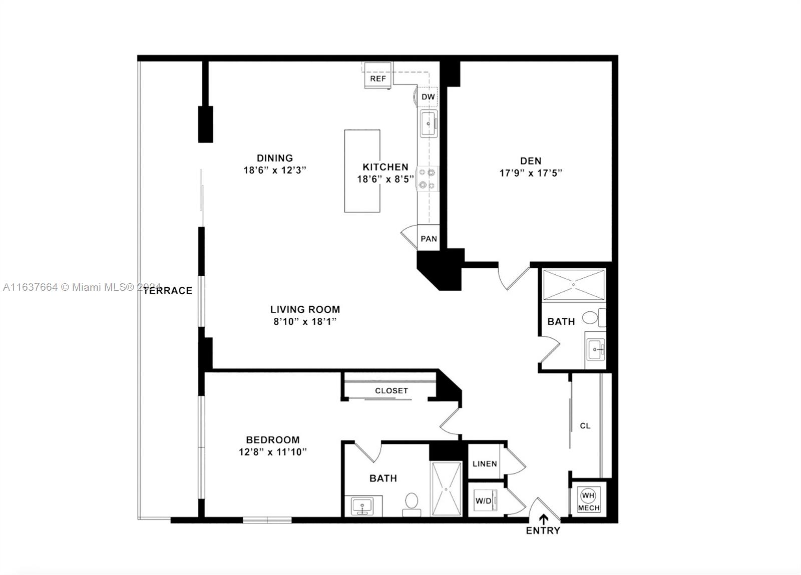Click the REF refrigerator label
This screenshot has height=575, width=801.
(378, 79)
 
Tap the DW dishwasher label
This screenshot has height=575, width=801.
(428, 97)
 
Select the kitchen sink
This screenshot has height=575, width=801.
(429, 124)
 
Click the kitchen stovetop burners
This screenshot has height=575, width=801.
(428, 178)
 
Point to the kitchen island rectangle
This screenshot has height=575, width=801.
(362, 171)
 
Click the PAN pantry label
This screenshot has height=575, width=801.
(429, 239)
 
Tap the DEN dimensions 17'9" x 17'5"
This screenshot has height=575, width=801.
(531, 173)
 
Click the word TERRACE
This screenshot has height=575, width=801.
(168, 291)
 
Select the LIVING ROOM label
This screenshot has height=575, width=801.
(305, 309)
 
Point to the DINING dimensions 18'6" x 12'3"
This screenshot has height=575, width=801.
(275, 170)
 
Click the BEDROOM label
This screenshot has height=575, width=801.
(272, 439)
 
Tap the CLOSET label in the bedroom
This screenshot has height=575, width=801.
(391, 391)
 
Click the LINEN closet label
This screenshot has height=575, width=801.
(485, 464)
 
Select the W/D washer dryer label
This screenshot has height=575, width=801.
(484, 501)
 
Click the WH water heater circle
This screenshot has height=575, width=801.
(588, 495)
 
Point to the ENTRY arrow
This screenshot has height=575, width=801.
(544, 519)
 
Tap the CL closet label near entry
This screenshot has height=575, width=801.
(585, 426)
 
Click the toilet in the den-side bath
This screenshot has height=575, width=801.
(594, 317)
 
